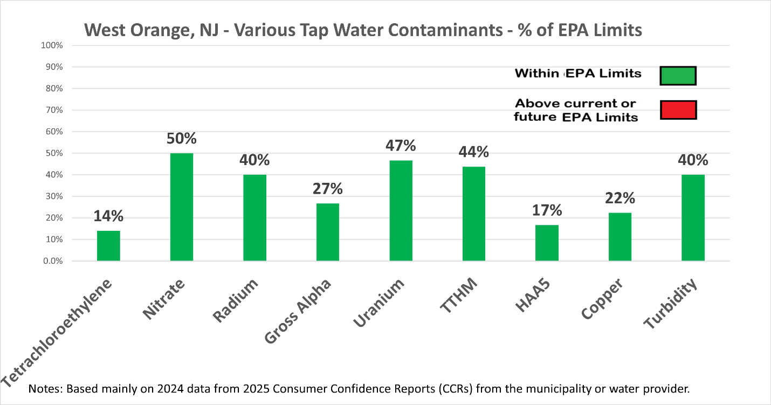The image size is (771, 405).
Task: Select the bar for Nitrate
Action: (181, 207)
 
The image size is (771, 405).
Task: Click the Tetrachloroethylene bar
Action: (108, 246)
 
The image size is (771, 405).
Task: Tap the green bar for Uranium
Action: (401, 211)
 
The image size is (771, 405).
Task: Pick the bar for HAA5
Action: (547, 243)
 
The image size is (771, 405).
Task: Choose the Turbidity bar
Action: (693, 218)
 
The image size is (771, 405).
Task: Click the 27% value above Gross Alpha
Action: (327, 189)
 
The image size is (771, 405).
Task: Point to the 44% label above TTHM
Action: (473, 153)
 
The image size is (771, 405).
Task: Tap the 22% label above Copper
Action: (619, 198)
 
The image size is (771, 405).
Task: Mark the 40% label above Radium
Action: (254, 160)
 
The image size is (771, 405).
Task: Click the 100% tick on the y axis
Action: (52, 45)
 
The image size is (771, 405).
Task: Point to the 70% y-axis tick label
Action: (54, 110)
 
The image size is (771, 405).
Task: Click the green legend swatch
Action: (678, 76)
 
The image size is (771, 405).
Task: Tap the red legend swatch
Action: (678, 110)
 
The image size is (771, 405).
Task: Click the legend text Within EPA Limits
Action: (578, 73)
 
